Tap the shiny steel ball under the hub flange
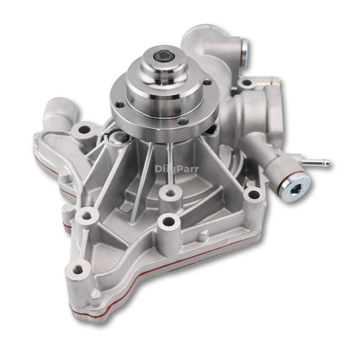click(x=117, y=136)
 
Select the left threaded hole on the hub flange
click(x=119, y=104)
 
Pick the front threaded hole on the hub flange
click(x=183, y=121)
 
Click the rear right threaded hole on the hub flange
click(x=207, y=82)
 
